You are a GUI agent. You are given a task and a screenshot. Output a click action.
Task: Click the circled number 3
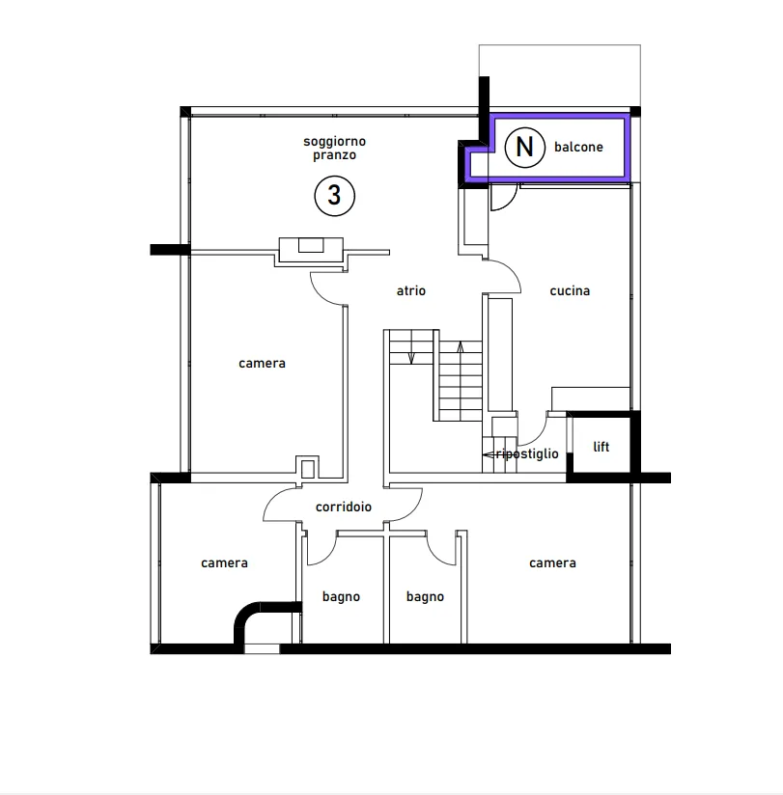pyautogui.click(x=334, y=196)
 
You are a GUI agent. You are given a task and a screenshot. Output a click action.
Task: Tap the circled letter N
pyautogui.click(x=524, y=147)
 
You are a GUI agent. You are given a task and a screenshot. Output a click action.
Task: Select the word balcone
pyautogui.click(x=578, y=147)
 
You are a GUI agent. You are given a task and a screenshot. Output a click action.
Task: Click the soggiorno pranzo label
pyautogui.click(x=334, y=148)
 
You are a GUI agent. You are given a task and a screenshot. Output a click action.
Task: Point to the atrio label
pyautogui.click(x=411, y=290)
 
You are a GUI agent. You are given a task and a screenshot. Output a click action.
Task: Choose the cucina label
pyautogui.click(x=570, y=290)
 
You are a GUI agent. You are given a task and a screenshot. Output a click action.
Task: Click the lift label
pyautogui.click(x=601, y=447)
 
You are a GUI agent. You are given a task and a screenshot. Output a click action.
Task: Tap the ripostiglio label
pyautogui.click(x=527, y=453)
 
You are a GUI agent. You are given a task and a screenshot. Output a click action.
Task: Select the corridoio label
pyautogui.click(x=344, y=507)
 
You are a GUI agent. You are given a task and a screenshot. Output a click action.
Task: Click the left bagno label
pyautogui.click(x=341, y=597)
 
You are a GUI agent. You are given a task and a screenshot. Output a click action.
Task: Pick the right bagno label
pyautogui.click(x=425, y=597)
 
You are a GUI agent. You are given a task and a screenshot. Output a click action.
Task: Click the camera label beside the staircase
pyautogui.click(x=262, y=363)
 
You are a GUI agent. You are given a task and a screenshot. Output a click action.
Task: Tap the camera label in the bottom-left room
pyautogui.click(x=224, y=562)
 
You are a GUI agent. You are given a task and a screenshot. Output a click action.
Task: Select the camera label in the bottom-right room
pyautogui.click(x=552, y=562)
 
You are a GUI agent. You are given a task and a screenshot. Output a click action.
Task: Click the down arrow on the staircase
pyautogui.click(x=411, y=357)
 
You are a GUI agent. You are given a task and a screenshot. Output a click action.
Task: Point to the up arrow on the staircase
pyautogui.click(x=461, y=347)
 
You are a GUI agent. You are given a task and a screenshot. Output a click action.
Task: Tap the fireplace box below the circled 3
pyautogui.click(x=311, y=250)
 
